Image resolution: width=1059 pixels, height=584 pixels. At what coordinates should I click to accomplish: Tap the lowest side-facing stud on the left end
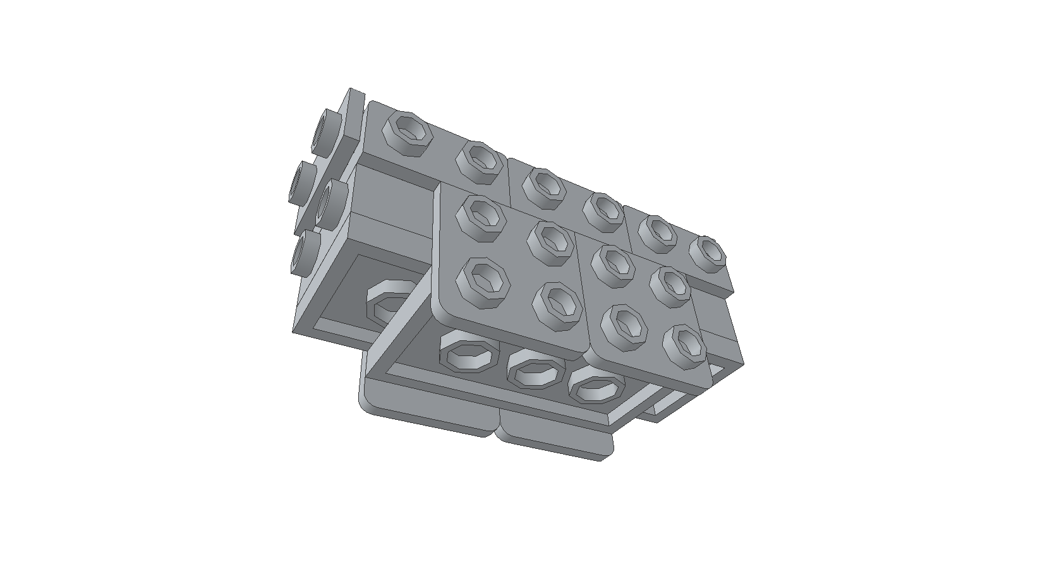305,252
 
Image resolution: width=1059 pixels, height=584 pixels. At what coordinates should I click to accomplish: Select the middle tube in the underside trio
536,372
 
